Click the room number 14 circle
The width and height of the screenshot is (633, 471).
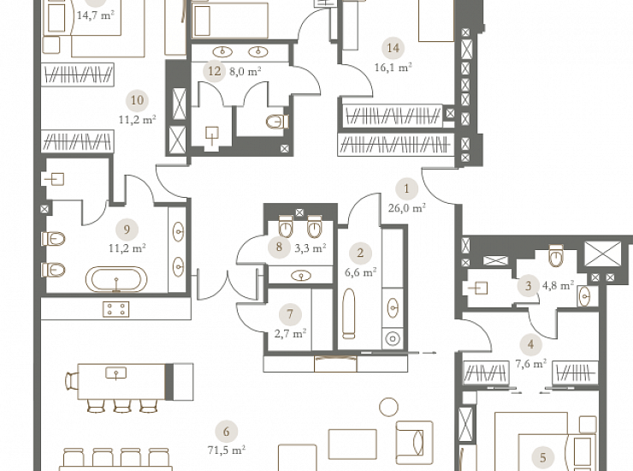click(393, 48)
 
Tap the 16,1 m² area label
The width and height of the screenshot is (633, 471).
click(393, 67)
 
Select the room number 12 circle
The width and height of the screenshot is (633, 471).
click(215, 72)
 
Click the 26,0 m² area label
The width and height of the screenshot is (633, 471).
click(407, 208)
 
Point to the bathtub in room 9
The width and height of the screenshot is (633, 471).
click(116, 279)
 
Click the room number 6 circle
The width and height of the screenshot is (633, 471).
click(226, 432)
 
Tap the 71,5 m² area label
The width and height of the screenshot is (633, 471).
click(227, 450)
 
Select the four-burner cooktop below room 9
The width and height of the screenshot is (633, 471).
click(115, 309)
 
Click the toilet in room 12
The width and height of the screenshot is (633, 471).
click(277, 122)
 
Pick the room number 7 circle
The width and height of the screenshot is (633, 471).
click(290, 314)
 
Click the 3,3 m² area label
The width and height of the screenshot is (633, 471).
click(311, 248)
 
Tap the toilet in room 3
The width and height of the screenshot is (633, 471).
click(556, 255)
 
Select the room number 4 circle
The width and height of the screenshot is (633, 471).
click(530, 344)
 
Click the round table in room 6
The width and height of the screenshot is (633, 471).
click(388, 407)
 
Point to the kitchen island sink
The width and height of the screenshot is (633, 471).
click(115, 373)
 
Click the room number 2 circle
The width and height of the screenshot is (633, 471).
click(360, 253)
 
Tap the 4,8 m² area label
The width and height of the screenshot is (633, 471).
click(559, 286)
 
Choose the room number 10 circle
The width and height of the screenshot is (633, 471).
click(137, 100)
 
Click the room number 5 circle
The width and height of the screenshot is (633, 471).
click(542, 457)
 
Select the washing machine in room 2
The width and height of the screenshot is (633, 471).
click(393, 338)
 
